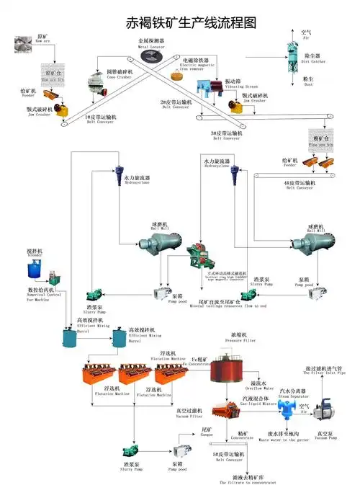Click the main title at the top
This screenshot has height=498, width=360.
pos(181,22)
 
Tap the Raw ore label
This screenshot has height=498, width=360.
pos(43,37)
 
